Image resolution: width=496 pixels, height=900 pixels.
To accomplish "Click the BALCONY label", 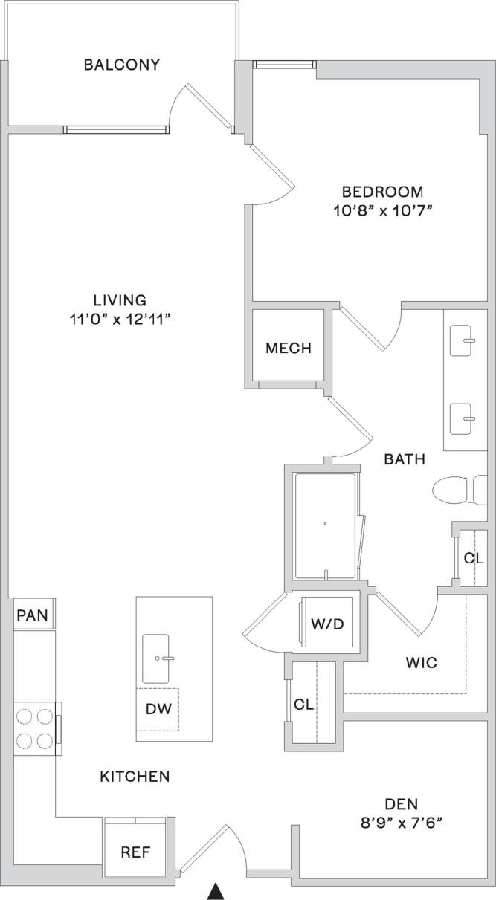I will pos(121,65).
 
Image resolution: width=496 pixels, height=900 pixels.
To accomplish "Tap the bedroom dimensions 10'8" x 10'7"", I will pos(383,210).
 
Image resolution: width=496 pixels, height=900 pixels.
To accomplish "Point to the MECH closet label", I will pos(289,348).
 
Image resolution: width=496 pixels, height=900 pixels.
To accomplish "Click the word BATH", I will pos(405,459).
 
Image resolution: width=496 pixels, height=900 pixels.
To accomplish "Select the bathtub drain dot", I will pos(325,524).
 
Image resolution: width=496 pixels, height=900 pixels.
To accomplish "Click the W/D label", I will pos(327,623).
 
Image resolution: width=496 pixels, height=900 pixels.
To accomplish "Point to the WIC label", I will pos(421,661).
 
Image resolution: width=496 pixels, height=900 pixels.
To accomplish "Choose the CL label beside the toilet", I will pos(474,557).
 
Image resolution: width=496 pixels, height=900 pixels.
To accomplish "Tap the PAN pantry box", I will pos(32,615).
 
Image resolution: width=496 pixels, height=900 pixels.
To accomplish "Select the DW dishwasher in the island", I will pos(158,709).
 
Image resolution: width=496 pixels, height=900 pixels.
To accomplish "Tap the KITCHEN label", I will pos(135,777).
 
